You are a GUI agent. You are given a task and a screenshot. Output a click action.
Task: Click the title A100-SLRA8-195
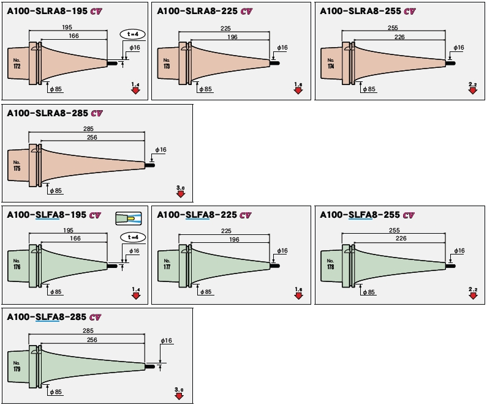tap(43, 10)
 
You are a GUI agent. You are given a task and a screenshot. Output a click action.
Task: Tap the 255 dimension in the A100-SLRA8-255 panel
tap(393, 28)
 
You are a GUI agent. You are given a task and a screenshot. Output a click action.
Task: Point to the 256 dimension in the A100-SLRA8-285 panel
tap(92, 138)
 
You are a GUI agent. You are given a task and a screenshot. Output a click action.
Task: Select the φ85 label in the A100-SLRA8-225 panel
tap(205, 89)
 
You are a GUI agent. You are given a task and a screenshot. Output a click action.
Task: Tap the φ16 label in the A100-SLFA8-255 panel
tap(458, 251)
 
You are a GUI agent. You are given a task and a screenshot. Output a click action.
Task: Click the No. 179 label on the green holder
tap(17, 366)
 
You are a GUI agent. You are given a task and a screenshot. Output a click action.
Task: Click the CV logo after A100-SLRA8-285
tap(96, 113)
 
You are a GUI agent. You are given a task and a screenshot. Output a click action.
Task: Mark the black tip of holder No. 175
tap(149, 164)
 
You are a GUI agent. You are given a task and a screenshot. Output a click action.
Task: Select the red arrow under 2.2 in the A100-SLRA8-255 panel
tap(473, 91)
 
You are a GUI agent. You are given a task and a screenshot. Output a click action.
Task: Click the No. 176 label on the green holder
tap(17, 265)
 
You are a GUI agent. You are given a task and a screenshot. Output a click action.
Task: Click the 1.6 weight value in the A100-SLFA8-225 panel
tap(298, 288)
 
